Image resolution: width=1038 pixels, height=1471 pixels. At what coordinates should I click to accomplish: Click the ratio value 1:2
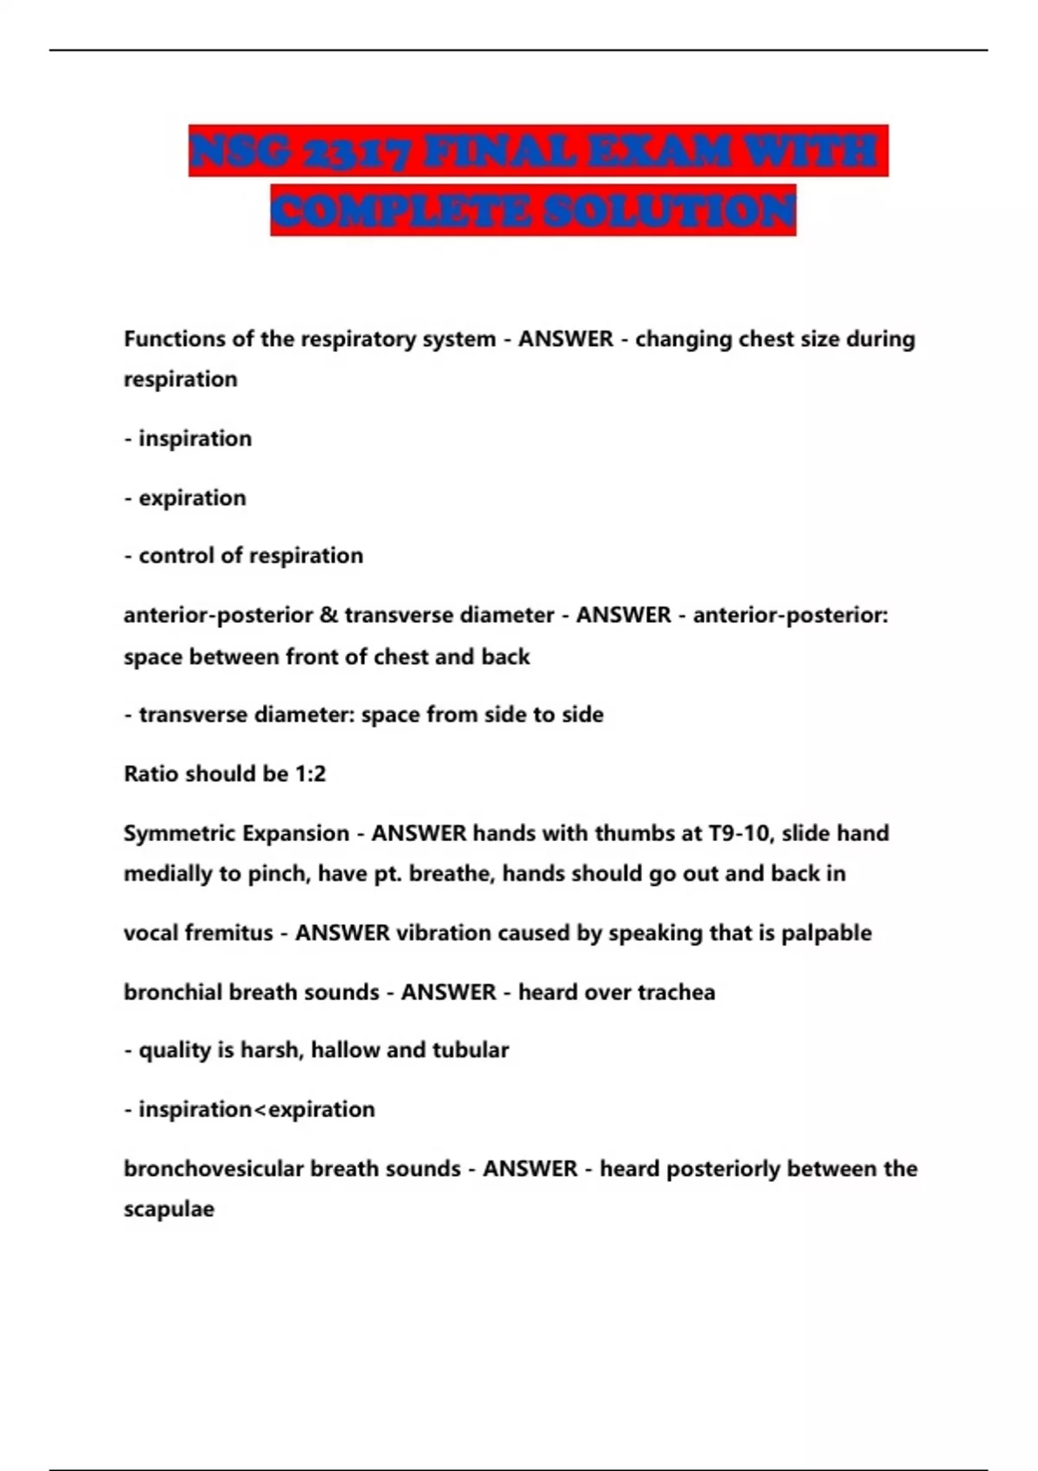click(311, 774)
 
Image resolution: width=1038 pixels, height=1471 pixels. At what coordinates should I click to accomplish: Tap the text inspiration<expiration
click(256, 1109)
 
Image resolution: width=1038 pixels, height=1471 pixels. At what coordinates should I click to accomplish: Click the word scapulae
click(169, 1209)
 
